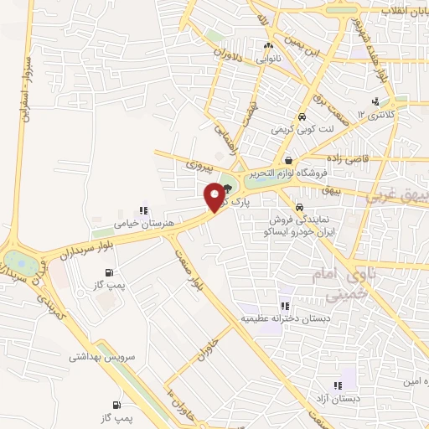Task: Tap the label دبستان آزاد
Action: pyautogui.click(x=338, y=399)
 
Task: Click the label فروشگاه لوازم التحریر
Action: pyautogui.click(x=289, y=174)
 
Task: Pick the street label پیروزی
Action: pyautogui.click(x=200, y=167)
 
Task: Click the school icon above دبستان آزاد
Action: pyautogui.click(x=338, y=385)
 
